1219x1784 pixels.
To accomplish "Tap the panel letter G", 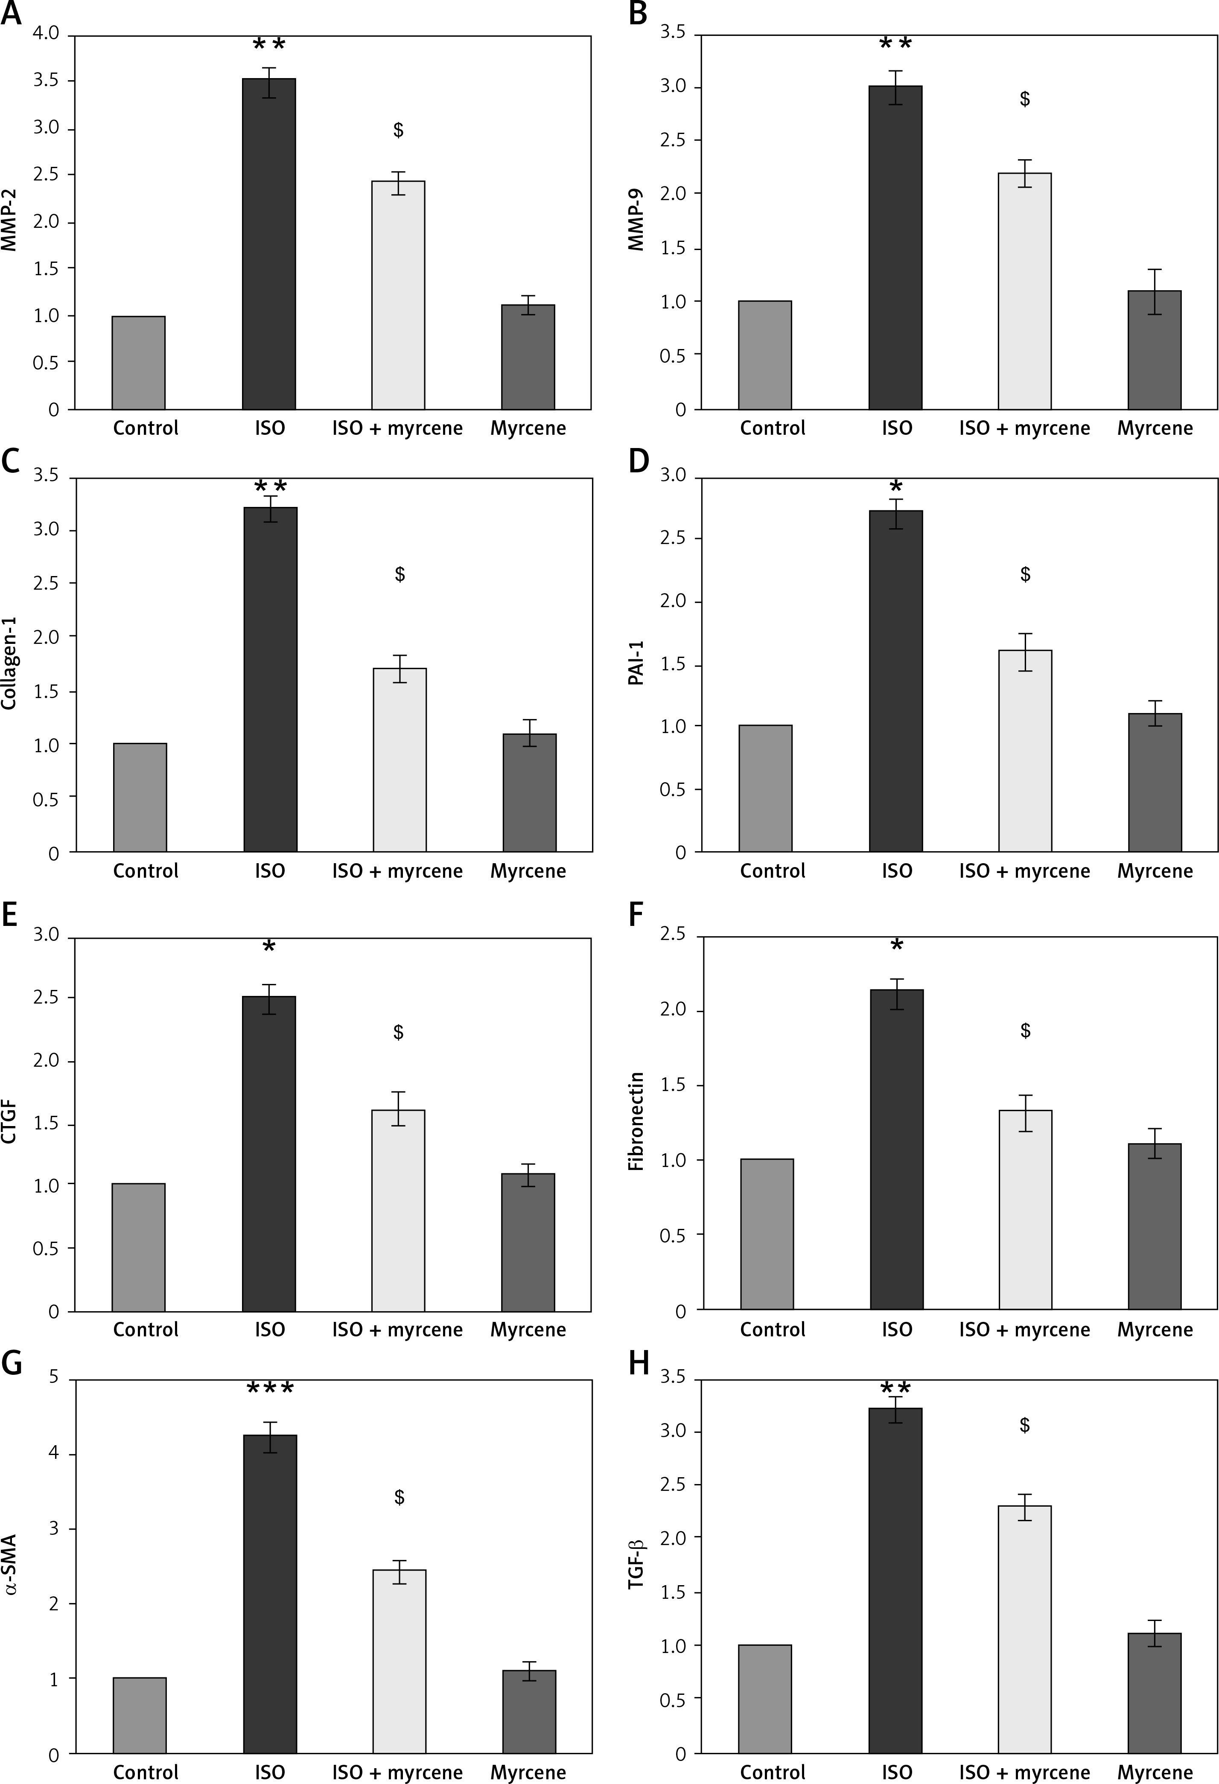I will (x=11, y=1363).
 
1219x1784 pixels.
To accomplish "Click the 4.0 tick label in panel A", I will (x=46, y=35).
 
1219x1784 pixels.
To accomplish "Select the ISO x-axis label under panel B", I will (x=897, y=428).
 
